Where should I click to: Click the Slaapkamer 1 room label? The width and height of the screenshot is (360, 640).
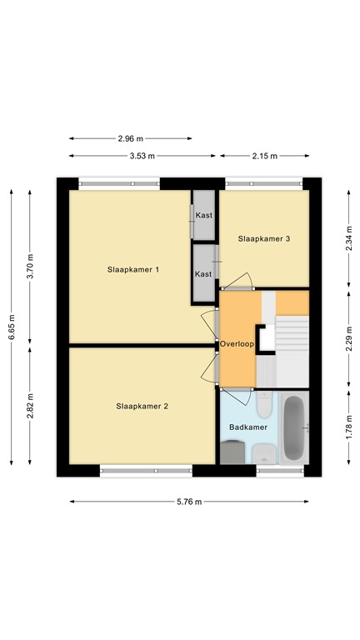tap(132, 270)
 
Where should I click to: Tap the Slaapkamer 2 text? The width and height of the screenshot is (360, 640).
tap(142, 407)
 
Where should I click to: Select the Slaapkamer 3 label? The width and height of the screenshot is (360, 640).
tap(263, 239)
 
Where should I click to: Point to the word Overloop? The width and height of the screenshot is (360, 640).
tap(237, 343)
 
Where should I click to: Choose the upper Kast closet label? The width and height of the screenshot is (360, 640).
tap(203, 216)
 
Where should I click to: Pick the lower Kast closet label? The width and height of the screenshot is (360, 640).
tap(203, 273)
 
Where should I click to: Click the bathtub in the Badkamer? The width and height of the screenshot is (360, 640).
tap(294, 429)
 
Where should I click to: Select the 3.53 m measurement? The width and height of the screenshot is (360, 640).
tap(142, 156)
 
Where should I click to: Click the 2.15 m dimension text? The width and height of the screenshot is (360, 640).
tap(264, 156)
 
